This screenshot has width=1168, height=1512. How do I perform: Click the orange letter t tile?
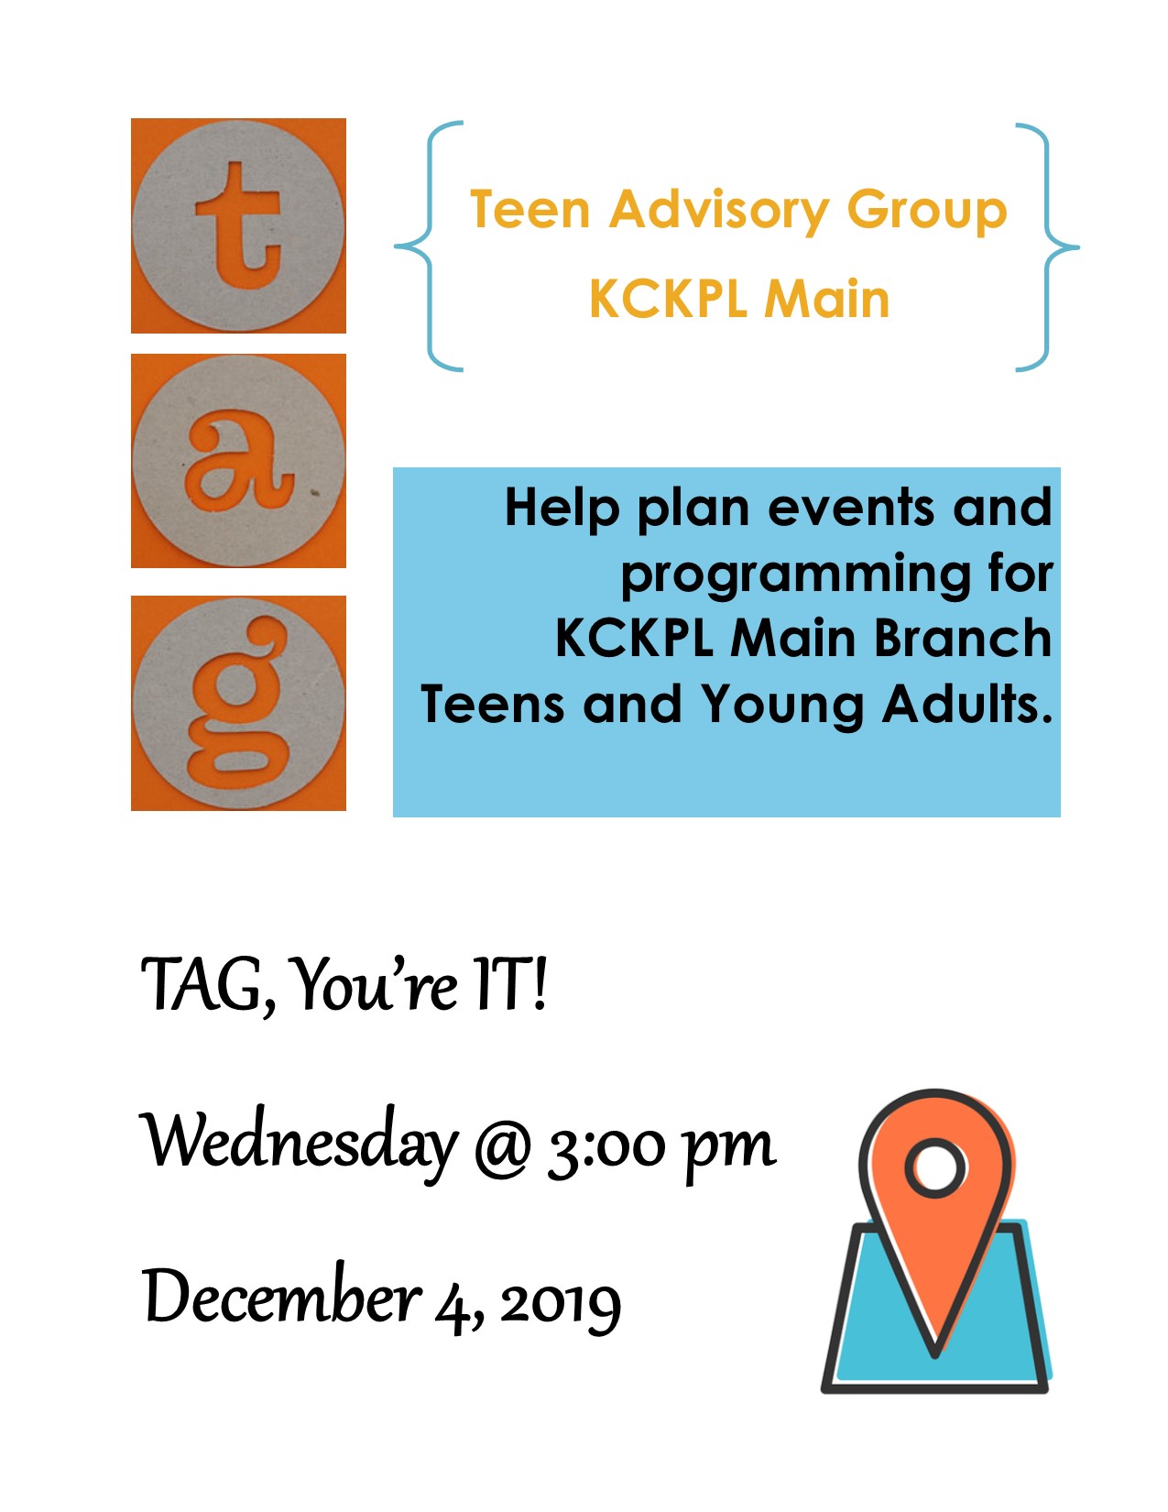[x=238, y=225]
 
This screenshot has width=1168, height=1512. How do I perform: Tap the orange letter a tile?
[x=238, y=461]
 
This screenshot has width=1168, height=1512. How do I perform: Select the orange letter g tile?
[x=238, y=703]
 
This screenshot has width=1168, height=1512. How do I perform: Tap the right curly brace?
[x=1047, y=247]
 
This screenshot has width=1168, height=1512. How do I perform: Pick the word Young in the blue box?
[x=782, y=707]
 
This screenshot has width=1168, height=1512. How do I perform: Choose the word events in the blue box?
[x=851, y=509]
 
